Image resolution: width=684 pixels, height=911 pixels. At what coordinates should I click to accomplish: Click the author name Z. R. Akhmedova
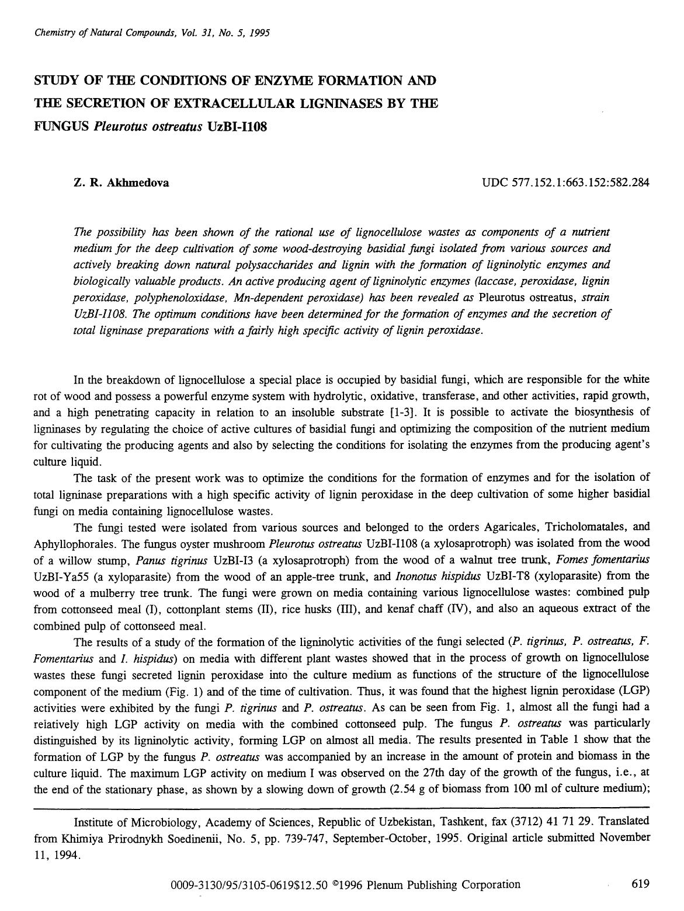pyautogui.click(x=121, y=183)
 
